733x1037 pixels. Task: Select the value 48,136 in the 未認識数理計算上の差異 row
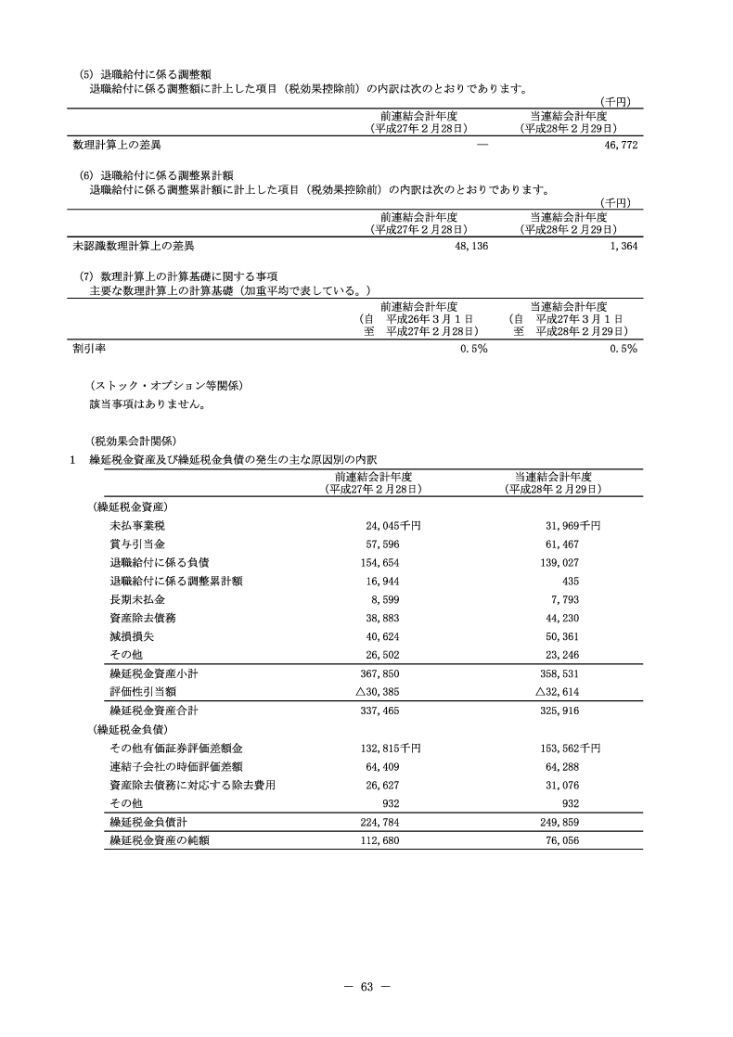click(469, 247)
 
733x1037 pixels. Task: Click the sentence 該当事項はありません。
click(147, 404)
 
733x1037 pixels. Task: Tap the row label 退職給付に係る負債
click(159, 562)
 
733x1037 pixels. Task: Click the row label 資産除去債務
click(140, 618)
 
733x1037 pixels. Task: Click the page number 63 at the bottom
click(366, 985)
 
